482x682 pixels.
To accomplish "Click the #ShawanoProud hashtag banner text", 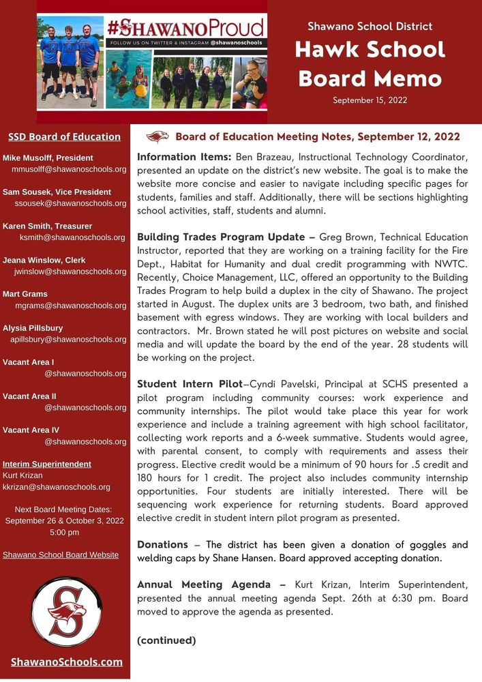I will tap(185, 28).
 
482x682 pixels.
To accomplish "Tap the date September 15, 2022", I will tap(370, 100).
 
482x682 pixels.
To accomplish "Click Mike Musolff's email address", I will tap(69, 168).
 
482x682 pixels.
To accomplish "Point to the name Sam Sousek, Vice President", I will tap(57, 192).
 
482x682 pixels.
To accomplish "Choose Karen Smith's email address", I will tap(72, 237).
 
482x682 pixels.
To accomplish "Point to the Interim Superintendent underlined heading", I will tap(47, 464).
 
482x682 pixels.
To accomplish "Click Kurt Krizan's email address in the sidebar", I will tap(57, 487).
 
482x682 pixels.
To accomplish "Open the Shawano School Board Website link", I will tap(61, 554).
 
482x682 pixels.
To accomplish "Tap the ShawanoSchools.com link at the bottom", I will tap(67, 662).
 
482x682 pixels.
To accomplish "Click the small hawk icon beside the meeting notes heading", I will tap(157, 136).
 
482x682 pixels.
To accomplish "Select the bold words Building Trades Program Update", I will tap(221, 237).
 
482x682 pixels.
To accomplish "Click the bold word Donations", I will tap(162, 544).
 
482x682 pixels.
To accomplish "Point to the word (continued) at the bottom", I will tap(166, 640).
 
